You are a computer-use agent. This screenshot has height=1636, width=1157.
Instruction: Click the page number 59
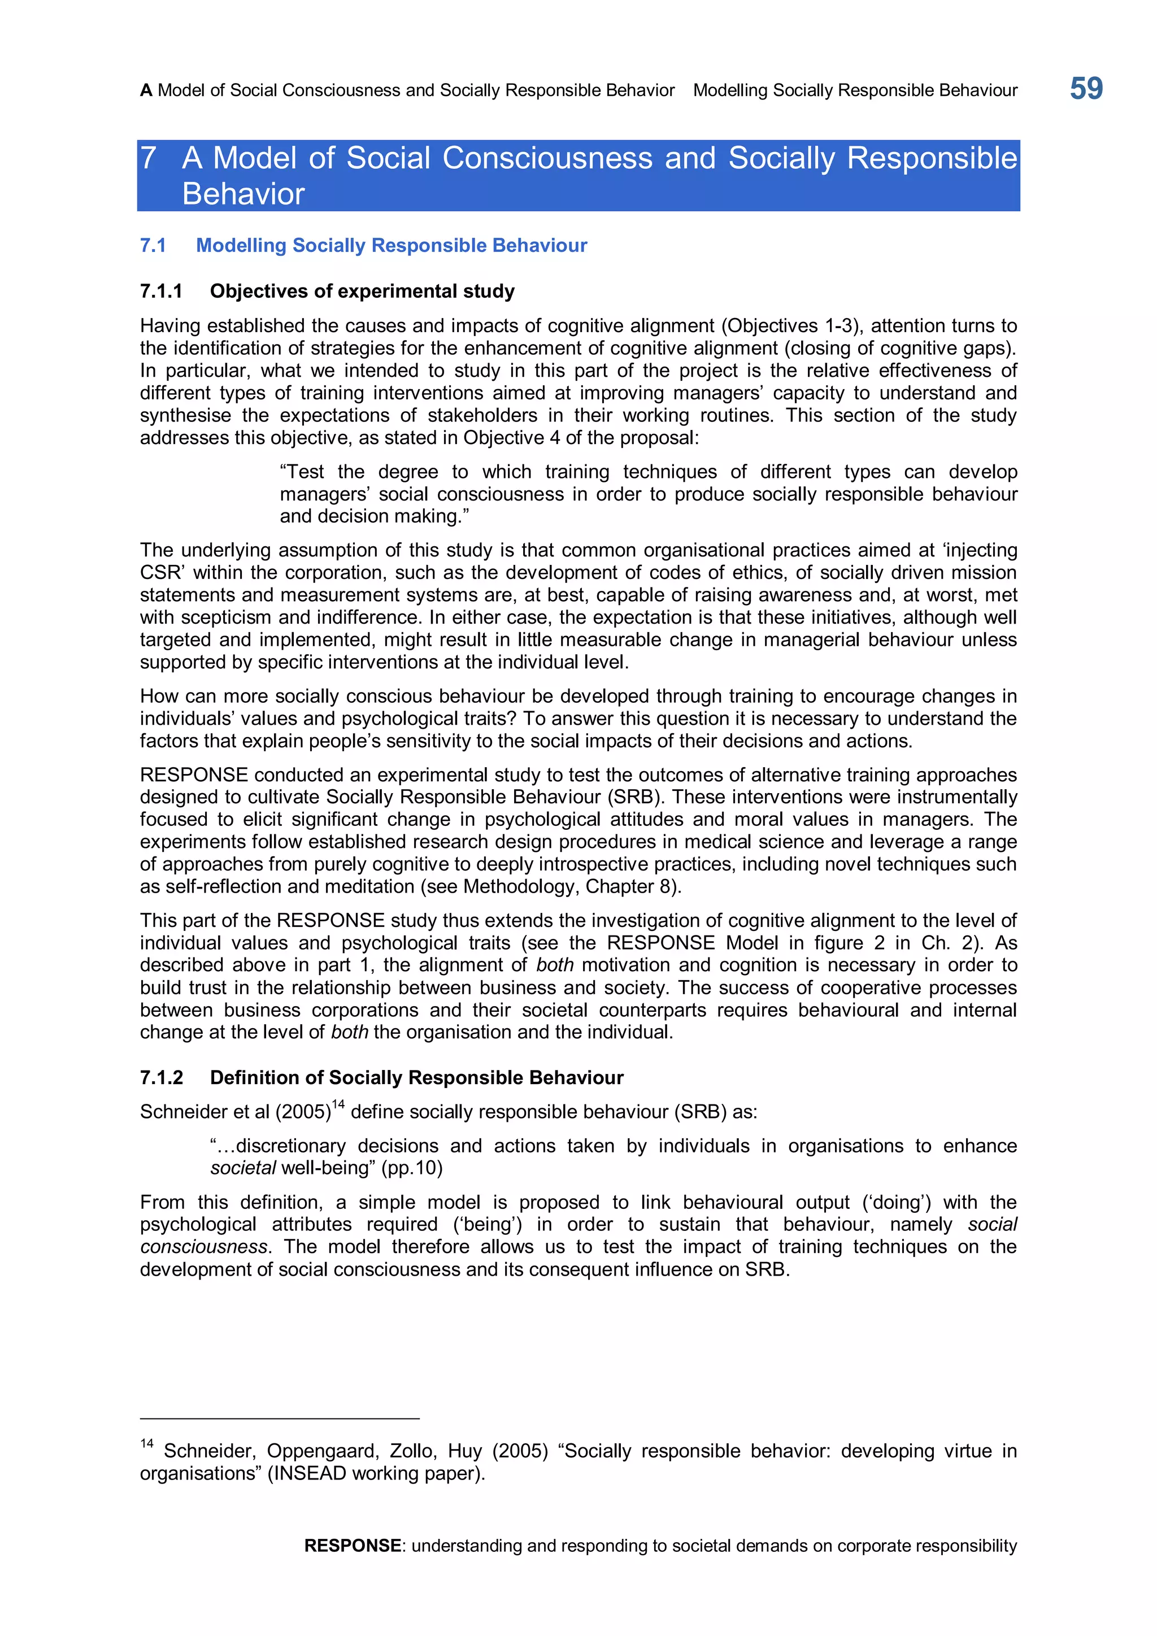point(1086,89)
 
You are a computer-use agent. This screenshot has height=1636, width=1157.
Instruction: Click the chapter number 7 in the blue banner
point(148,158)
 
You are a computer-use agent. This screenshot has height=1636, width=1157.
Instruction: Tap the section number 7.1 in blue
point(153,245)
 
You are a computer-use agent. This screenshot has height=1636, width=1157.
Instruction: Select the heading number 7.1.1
point(161,291)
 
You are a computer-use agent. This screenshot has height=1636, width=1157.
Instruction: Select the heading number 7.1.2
point(161,1077)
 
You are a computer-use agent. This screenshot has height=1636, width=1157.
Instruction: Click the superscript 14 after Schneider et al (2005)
point(338,1104)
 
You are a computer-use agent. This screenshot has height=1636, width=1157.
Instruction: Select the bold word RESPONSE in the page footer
point(352,1546)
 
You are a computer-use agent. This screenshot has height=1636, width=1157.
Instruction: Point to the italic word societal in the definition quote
point(243,1168)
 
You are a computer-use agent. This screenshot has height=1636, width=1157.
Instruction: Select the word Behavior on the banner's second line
point(243,194)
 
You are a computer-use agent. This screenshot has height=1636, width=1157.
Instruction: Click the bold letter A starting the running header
point(146,90)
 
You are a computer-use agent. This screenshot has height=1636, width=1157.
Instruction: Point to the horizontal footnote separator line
point(279,1419)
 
